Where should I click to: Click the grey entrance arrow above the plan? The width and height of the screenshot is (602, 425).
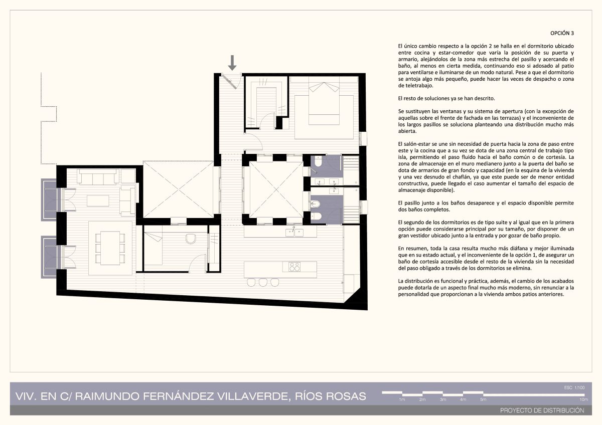[232, 63]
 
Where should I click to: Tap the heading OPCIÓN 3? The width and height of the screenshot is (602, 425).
[562, 33]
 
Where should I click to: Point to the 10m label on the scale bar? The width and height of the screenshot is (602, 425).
[583, 399]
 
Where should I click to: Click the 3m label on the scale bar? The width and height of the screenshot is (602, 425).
[443, 399]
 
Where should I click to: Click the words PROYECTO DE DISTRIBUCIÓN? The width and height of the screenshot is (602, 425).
[542, 410]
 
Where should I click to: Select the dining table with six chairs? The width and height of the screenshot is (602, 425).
[110, 248]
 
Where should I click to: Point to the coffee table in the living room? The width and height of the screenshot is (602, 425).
[98, 200]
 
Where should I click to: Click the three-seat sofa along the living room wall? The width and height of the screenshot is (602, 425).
[98, 176]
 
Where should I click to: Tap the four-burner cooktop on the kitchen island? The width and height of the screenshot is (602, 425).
[294, 267]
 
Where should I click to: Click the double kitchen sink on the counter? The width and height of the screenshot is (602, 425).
[294, 232]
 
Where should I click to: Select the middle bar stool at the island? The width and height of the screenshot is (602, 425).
[263, 282]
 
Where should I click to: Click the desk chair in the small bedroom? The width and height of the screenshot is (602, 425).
[191, 239]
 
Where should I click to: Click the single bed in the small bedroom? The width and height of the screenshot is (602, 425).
[153, 249]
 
